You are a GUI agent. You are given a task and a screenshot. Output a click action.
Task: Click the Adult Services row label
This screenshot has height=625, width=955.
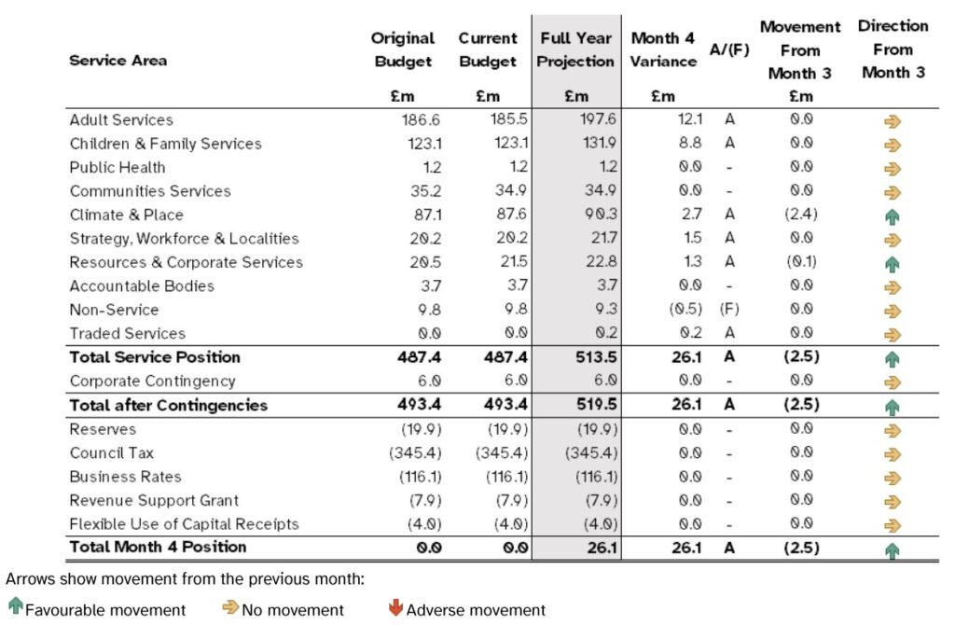point(121,120)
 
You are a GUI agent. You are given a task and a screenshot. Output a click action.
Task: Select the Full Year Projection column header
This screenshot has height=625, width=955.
point(575,49)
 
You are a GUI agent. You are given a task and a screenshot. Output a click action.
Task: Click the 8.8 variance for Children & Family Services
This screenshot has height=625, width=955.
point(690,143)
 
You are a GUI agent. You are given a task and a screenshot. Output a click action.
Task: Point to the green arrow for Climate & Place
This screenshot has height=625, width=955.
point(893,216)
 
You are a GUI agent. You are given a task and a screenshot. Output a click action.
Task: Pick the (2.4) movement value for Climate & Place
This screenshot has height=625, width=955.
point(801,214)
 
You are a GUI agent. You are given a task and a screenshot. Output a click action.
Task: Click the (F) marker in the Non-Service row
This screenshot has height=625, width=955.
point(729,309)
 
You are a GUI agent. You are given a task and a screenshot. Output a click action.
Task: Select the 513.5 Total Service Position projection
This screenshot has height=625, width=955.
point(596,357)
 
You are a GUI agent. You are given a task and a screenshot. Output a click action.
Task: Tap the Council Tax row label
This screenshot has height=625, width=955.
point(112,452)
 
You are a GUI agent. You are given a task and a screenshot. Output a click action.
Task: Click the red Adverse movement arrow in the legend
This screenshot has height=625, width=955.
point(395,607)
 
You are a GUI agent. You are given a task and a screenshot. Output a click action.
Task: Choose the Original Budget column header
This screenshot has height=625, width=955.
point(403,49)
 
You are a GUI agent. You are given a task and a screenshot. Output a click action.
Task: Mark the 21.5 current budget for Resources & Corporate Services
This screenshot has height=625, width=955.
point(514,261)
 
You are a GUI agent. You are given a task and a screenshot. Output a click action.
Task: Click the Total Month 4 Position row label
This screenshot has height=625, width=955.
point(158,547)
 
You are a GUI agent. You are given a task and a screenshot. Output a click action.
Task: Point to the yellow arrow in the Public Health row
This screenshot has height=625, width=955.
point(893,169)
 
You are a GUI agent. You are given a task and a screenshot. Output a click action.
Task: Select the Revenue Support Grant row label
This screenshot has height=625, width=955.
point(154,500)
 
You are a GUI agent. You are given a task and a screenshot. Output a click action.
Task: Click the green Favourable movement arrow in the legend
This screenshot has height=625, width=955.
point(16,606)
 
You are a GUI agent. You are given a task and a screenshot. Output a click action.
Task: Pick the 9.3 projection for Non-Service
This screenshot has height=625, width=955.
point(606,309)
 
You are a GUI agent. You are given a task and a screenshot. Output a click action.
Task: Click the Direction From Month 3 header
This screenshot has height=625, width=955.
point(893,49)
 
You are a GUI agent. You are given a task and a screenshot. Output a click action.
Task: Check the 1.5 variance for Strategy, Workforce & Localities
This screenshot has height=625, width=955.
point(693,238)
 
